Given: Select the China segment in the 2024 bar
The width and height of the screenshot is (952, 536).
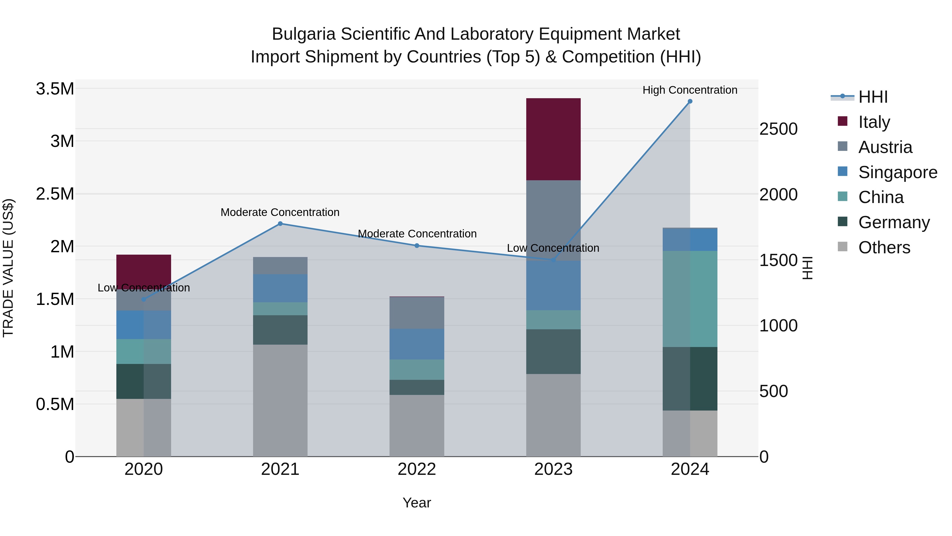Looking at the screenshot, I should tap(690, 299).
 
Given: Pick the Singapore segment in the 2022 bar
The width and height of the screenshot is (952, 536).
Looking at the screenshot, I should tap(416, 344).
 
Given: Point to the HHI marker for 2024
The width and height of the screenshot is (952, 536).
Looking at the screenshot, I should tap(690, 101).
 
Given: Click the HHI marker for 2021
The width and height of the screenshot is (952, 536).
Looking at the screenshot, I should tap(280, 223).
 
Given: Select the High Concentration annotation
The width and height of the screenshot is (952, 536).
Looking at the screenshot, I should tap(690, 90).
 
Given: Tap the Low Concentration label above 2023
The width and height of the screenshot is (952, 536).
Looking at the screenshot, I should tap(553, 248).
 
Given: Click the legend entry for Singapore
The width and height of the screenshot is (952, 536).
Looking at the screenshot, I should tap(897, 172).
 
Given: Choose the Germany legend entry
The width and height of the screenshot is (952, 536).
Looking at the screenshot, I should tap(894, 222).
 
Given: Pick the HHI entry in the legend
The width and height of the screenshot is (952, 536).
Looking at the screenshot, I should tap(873, 97).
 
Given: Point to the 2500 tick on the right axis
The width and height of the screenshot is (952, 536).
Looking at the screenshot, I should tap(778, 129).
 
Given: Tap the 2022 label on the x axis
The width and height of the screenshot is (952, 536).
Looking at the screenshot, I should tap(416, 469).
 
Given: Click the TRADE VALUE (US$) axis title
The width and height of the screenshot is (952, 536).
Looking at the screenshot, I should tap(8, 268).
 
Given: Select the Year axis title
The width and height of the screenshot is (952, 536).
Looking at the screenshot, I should tap(416, 503).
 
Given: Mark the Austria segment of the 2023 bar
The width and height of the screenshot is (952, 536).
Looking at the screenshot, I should tap(553, 220).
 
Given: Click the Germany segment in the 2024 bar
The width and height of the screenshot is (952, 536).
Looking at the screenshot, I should tap(690, 379).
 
